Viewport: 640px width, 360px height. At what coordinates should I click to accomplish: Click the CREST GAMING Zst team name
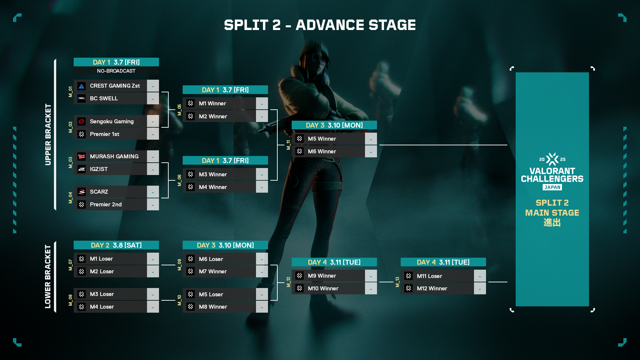pyautogui.click(x=115, y=86)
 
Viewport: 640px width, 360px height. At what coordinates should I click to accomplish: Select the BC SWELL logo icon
pyautogui.click(x=82, y=98)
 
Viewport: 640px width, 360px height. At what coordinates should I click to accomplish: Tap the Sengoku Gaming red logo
pyautogui.click(x=82, y=121)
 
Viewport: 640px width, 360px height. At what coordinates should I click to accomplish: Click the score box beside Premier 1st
pyautogui.click(x=153, y=134)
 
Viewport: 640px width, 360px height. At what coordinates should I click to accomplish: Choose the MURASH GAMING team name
pyautogui.click(x=114, y=156)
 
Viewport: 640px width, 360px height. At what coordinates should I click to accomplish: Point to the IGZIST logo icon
pyautogui.click(x=82, y=169)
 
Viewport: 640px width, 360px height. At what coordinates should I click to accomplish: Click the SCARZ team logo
pyautogui.click(x=82, y=192)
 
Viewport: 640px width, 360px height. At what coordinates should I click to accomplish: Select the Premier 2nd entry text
pyautogui.click(x=106, y=204)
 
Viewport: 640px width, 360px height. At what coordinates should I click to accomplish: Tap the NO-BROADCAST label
pyautogui.click(x=116, y=71)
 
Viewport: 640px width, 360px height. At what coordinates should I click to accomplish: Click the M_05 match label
pyautogui.click(x=179, y=110)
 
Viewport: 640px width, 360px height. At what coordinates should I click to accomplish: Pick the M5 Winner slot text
pyautogui.click(x=322, y=139)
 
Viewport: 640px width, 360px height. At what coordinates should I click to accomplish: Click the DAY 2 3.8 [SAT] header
pyautogui.click(x=116, y=245)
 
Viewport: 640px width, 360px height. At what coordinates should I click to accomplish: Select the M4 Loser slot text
pyautogui.click(x=102, y=307)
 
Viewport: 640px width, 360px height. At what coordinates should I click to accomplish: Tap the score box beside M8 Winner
pyautogui.click(x=262, y=307)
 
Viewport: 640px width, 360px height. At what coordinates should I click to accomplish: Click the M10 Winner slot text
pyautogui.click(x=323, y=288)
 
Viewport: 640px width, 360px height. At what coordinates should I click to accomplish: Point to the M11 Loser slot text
pyautogui.click(x=429, y=276)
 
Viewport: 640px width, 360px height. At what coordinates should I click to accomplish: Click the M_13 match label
pyautogui.click(x=397, y=282)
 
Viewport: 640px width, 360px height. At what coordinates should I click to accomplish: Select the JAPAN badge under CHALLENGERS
pyautogui.click(x=552, y=187)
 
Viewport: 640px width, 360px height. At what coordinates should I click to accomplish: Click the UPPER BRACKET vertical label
pyautogui.click(x=48, y=134)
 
